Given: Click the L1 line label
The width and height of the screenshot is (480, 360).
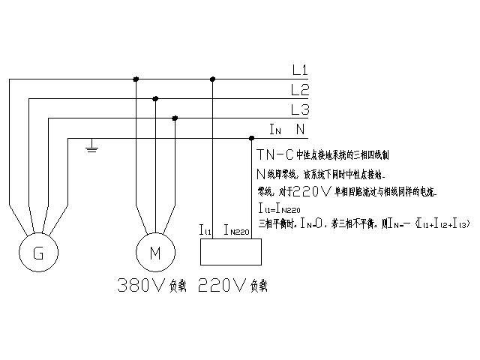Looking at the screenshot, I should pos(300,71).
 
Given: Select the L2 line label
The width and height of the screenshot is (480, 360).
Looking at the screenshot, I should pos(300,91).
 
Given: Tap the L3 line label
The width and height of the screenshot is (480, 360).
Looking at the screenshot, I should pos(300,110).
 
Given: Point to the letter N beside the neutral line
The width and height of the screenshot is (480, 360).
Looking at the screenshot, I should pos(300,130).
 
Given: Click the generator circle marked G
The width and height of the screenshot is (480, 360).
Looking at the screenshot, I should pos(39,253).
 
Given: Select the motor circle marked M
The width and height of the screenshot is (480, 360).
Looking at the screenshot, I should pos(155,253).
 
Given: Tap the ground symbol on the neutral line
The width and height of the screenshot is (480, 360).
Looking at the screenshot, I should pos(92,148).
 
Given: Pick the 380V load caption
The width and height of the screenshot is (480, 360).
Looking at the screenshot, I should pos(150,285).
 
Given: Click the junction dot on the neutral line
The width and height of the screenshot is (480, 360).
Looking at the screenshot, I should pos(251,138).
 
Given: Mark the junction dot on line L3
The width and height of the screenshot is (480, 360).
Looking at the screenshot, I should pos(175,118).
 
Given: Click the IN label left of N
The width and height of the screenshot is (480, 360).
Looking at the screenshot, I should pos(275,130).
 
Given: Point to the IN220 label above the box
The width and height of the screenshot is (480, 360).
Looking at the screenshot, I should pos(236,231).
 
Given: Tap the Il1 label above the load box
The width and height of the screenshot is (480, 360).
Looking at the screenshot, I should pos(205,231).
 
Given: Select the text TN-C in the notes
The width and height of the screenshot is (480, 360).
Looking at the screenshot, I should pos(273,155).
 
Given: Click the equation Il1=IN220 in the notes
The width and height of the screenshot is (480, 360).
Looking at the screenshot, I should pos(277,208).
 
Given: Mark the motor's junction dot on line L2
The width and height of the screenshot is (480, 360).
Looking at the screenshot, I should pos(155,98).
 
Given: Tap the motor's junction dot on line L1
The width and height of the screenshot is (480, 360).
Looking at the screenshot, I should pos(136,79).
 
